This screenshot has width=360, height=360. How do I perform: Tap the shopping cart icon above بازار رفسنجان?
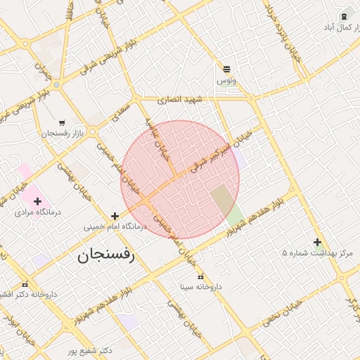pyautogui.click(x=63, y=122)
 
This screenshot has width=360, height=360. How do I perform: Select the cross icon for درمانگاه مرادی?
pyautogui.click(x=37, y=201)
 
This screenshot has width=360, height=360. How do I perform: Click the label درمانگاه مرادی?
pyautogui.click(x=39, y=212)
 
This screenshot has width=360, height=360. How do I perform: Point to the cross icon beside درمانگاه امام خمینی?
pyautogui.click(x=115, y=216)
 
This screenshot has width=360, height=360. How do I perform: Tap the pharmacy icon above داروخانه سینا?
pyautogui.click(x=201, y=276)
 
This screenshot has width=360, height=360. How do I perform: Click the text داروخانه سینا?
pyautogui.click(x=201, y=286)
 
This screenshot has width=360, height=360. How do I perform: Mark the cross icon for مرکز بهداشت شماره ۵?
pyautogui.click(x=317, y=242)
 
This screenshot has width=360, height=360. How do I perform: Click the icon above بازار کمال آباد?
pyautogui.click(x=344, y=16)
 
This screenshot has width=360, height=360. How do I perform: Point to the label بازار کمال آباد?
pyautogui.click(x=340, y=27)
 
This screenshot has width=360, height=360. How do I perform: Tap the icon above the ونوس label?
pyautogui.click(x=226, y=69)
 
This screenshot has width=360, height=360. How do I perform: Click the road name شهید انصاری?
pyautogui.click(x=179, y=100)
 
